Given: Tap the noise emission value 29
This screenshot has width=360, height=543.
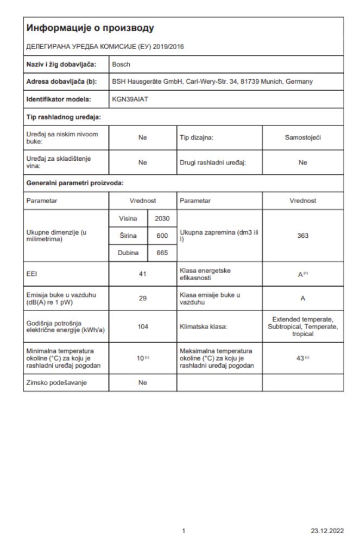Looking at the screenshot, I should click(x=143, y=299).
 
